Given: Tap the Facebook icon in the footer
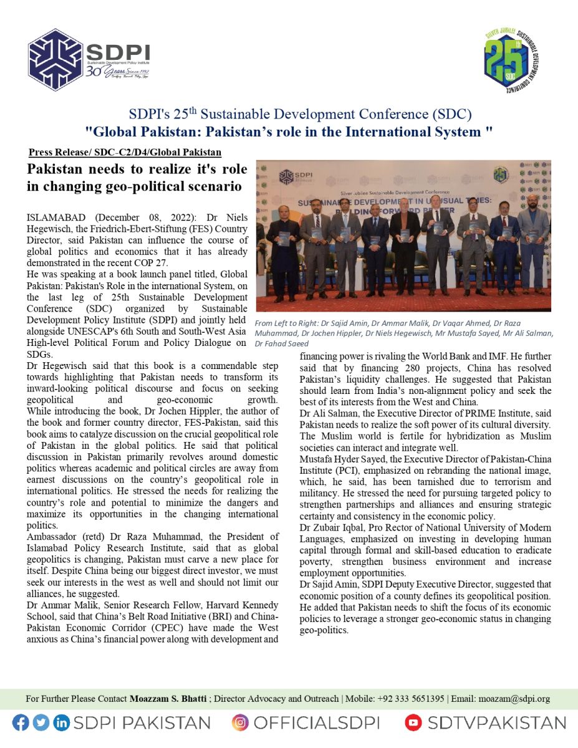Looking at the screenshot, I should tap(21, 722).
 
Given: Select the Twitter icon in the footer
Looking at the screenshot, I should tap(41, 722).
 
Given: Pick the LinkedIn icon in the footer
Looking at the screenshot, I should tap(61, 722).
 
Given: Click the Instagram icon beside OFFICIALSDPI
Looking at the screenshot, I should tap(240, 722).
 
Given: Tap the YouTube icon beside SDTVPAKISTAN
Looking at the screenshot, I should tap(413, 722).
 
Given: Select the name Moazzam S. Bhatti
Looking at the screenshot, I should tap(168, 699).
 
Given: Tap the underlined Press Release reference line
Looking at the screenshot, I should tap(125, 152).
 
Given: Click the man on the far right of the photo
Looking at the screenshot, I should tap(533, 240).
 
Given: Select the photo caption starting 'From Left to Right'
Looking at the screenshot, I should tap(403, 333).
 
